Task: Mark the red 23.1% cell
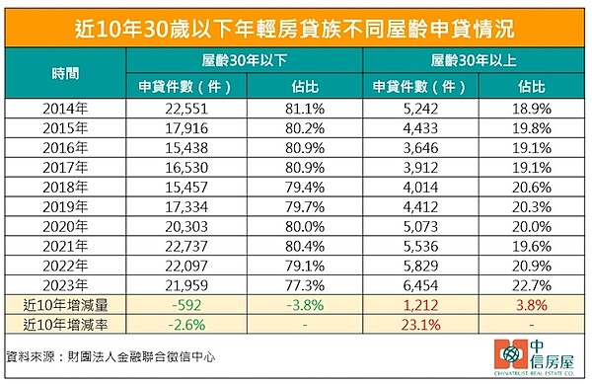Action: [416, 322]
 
